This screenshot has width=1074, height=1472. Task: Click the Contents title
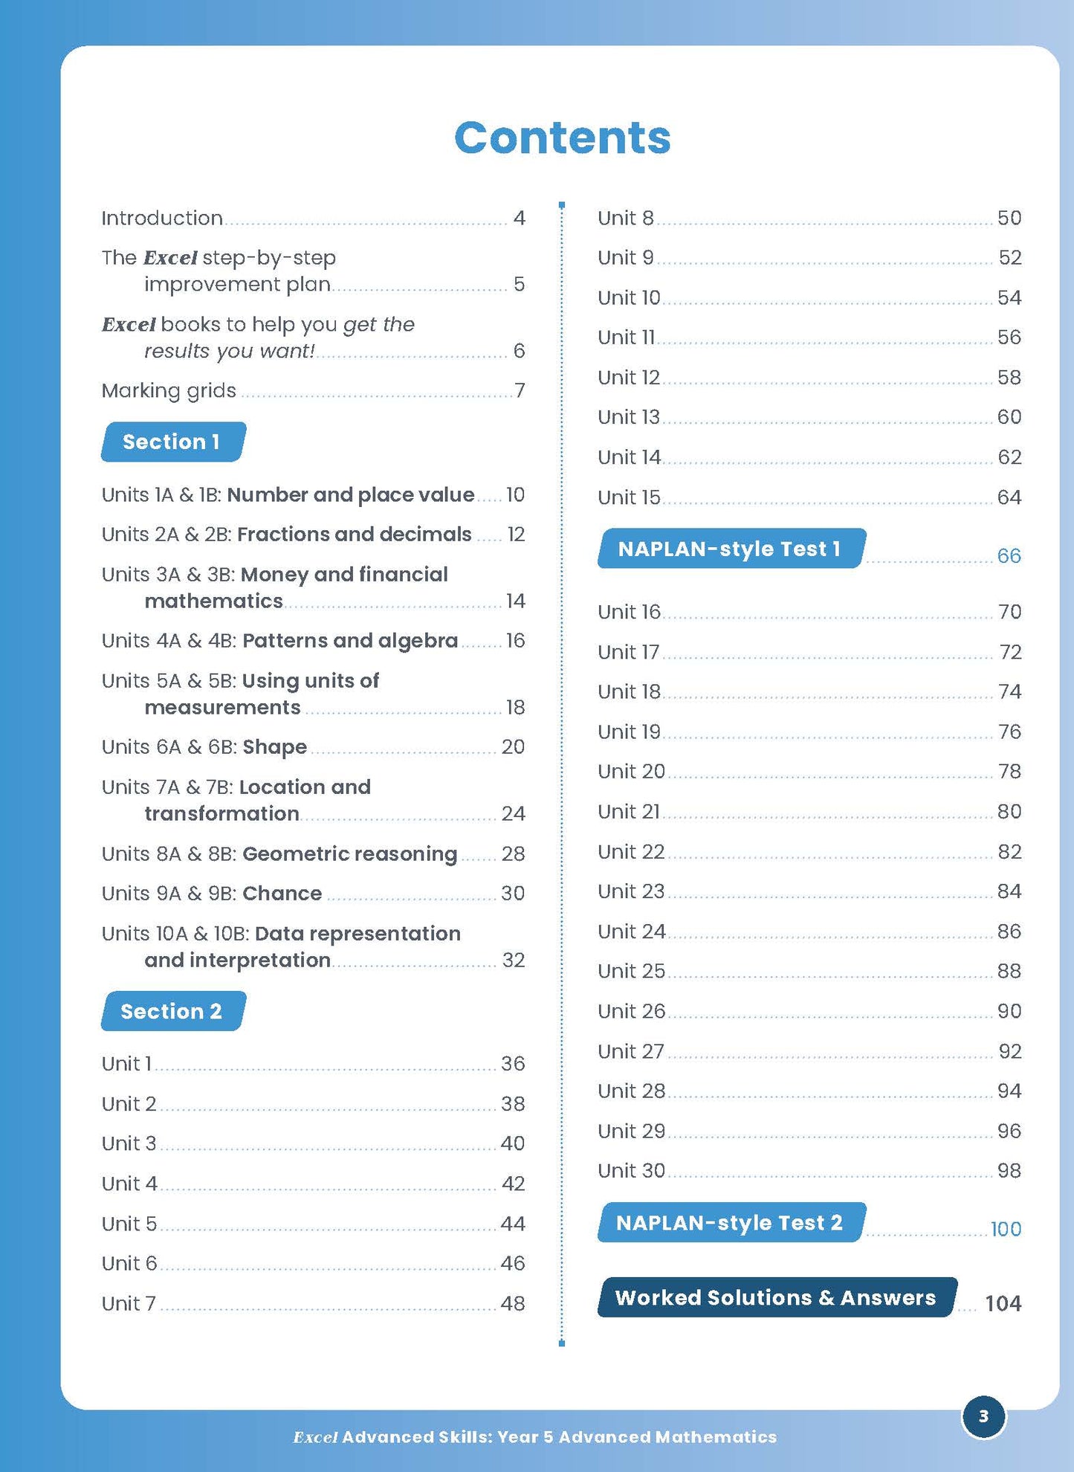pyautogui.click(x=562, y=138)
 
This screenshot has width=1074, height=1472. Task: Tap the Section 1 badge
pyautogui.click(x=172, y=442)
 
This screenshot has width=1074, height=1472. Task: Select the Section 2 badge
pyautogui.click(x=172, y=1011)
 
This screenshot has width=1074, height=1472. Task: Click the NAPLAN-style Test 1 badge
pyautogui.click(x=730, y=549)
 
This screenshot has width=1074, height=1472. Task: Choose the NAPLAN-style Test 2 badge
pyautogui.click(x=730, y=1223)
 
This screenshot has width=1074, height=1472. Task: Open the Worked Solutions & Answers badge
pyautogui.click(x=776, y=1297)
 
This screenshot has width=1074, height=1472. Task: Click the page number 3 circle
pyautogui.click(x=983, y=1416)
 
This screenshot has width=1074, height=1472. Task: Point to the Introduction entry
pyautogui.click(x=162, y=218)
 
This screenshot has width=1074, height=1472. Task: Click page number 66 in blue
pyautogui.click(x=1009, y=556)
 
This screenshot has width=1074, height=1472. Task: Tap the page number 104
pyautogui.click(x=1003, y=1303)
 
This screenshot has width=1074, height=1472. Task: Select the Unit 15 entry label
pyautogui.click(x=629, y=497)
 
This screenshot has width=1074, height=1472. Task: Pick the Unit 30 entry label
pyautogui.click(x=631, y=1171)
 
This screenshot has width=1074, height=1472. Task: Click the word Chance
pyautogui.click(x=282, y=893)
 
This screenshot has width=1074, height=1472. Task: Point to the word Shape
pyautogui.click(x=274, y=746)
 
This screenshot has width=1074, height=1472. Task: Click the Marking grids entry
pyautogui.click(x=169, y=390)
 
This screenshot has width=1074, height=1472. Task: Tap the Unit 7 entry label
pyautogui.click(x=129, y=1303)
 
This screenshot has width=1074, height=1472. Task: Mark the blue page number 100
pyautogui.click(x=1006, y=1230)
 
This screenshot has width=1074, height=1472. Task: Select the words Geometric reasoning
pyautogui.click(x=349, y=853)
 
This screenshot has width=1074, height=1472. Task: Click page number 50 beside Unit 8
pyautogui.click(x=1009, y=218)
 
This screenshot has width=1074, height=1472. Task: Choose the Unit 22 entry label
pyautogui.click(x=631, y=851)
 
